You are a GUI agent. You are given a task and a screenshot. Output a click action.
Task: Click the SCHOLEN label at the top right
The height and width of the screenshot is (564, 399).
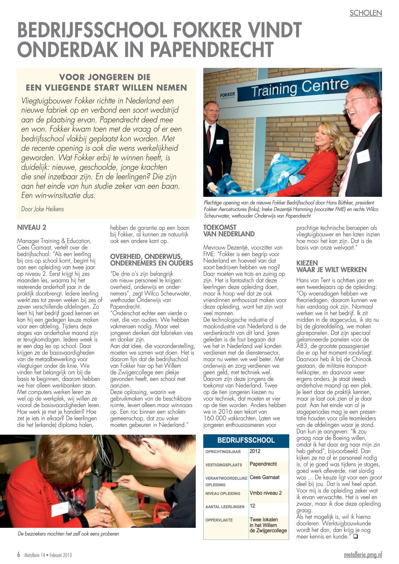[x=365, y=13]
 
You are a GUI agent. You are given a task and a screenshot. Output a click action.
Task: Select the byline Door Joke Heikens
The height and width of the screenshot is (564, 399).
[x=43, y=209]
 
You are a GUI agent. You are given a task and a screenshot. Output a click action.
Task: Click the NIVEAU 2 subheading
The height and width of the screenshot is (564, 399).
[x=32, y=227]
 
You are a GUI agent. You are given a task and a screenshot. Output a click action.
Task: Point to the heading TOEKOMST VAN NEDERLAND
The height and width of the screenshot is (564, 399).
[x=229, y=231]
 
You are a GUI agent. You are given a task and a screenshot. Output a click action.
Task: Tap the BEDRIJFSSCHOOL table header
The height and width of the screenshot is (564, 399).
[x=246, y=440]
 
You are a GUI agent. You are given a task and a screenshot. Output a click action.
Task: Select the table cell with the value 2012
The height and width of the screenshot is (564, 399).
[x=255, y=451]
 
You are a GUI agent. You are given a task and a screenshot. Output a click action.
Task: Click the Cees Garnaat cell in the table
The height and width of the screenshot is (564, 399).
[x=265, y=477]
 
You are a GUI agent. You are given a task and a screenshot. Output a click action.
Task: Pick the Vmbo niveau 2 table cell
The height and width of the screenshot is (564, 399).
[x=265, y=493]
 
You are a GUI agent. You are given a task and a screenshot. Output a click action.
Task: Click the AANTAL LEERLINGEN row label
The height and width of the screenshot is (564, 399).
[x=225, y=507]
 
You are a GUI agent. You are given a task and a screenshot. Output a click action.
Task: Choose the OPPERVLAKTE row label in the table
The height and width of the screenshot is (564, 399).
[x=219, y=520]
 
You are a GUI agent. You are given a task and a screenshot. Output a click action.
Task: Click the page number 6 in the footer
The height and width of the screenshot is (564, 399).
[x=18, y=555]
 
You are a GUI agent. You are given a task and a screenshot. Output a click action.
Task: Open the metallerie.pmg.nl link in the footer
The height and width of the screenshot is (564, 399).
[x=363, y=555]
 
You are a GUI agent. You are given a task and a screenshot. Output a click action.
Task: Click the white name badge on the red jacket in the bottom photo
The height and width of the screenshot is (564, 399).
[x=60, y=510]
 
